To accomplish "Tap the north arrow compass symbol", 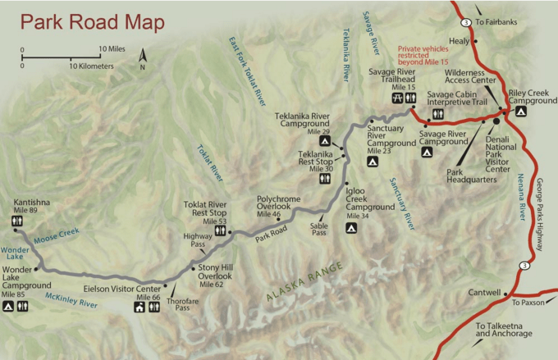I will (143, 58).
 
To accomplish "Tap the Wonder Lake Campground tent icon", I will (7, 307).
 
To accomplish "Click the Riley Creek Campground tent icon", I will (520, 111).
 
